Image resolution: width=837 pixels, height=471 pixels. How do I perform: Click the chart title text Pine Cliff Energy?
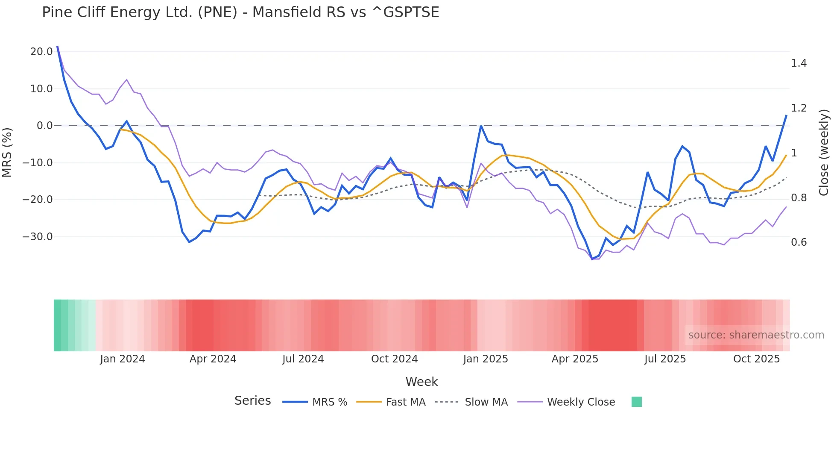(240, 12)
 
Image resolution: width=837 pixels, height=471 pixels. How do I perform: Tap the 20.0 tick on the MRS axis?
(41, 52)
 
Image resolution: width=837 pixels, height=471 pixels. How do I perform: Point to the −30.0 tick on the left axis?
(38, 236)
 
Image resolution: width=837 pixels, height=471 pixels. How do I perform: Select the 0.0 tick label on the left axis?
(44, 126)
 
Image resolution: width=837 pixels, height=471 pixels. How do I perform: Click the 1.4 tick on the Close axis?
(799, 63)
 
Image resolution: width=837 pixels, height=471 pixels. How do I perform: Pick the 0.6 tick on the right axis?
(799, 242)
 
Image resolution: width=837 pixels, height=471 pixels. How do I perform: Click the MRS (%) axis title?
(7, 152)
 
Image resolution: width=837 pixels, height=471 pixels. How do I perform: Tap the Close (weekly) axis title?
(824, 152)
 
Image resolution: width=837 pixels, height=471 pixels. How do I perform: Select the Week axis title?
(421, 382)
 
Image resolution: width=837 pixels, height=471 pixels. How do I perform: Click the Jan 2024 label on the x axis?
(122, 359)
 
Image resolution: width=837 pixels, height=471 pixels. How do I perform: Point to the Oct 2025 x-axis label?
(756, 359)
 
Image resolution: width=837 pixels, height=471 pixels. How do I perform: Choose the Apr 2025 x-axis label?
(575, 359)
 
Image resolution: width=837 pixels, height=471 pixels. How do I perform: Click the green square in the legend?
(636, 402)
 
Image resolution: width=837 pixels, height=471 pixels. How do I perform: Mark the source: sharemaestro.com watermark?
(756, 335)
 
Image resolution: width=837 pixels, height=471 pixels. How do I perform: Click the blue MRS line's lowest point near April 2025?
(592, 259)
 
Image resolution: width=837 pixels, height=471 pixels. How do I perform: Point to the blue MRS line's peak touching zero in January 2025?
(481, 126)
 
